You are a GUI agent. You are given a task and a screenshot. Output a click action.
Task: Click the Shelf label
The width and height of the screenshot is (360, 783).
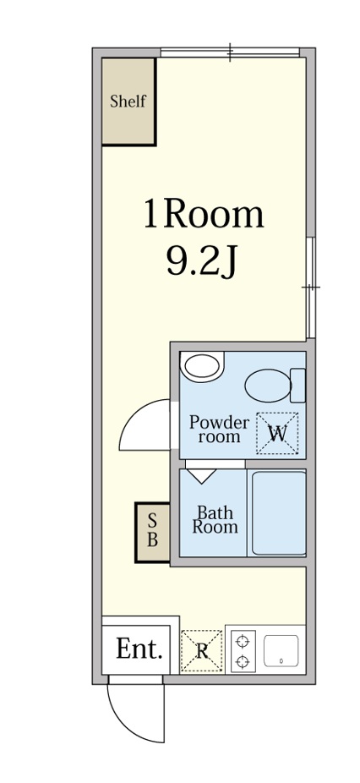(128, 101)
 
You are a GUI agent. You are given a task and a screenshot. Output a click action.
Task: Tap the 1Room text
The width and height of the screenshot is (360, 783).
(203, 214)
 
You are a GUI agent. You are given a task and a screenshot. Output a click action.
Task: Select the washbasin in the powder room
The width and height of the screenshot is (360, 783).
(202, 366)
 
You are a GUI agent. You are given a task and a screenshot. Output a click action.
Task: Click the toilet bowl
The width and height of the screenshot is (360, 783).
(268, 386)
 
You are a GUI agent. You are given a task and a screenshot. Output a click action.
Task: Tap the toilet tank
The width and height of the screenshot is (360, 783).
(298, 385)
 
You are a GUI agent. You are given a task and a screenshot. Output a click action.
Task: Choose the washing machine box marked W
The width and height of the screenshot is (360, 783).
(277, 433)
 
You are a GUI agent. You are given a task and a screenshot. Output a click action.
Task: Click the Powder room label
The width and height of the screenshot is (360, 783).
(219, 430)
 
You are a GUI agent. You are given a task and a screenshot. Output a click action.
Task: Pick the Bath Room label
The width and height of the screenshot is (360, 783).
(215, 519)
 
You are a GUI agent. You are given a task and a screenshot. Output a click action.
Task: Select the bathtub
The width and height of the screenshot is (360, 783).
(278, 513)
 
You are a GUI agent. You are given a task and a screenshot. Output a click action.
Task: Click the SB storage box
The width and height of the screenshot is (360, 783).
(152, 533)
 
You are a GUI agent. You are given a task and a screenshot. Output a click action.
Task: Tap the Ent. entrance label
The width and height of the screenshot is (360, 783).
(139, 649)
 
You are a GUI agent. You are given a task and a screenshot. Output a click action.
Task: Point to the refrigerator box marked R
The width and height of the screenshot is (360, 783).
(202, 651)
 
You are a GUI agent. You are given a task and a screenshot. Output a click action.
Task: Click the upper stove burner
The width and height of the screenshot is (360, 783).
(243, 641)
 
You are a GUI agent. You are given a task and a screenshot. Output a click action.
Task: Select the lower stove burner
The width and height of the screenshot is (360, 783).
(243, 662)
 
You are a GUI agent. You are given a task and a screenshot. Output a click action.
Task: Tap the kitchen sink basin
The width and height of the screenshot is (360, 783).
(281, 651)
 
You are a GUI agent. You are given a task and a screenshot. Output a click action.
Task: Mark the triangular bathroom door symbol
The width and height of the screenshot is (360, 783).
(202, 476)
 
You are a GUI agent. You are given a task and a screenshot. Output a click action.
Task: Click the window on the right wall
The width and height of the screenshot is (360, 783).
(311, 287)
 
